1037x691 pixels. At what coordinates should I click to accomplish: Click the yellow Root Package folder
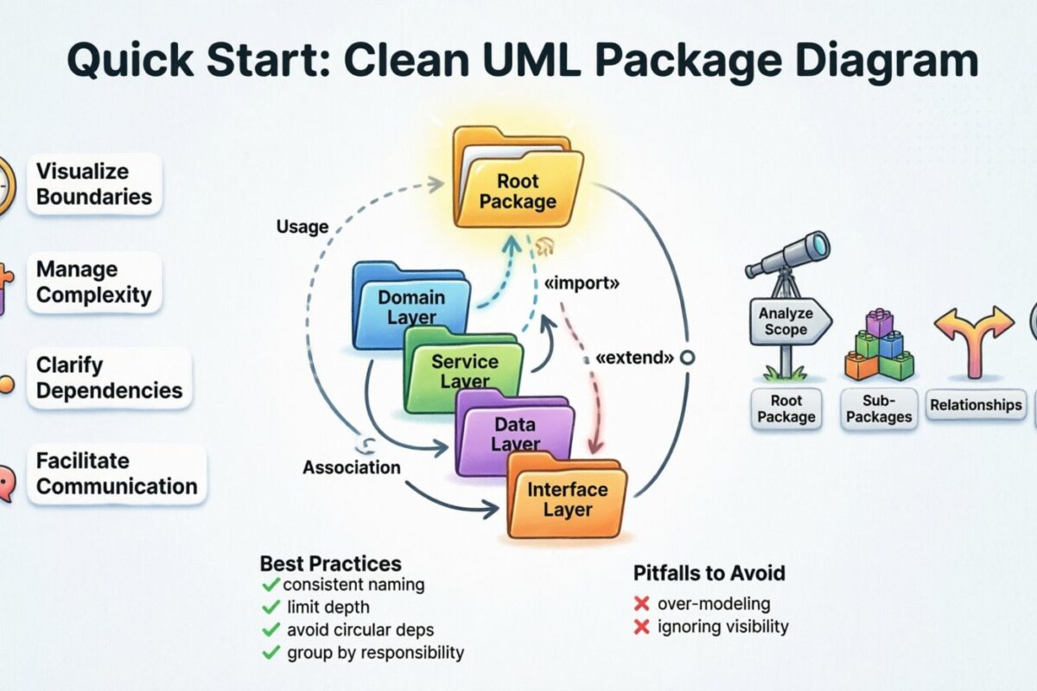[x=518, y=186]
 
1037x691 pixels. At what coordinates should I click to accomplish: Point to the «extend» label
[x=635, y=357]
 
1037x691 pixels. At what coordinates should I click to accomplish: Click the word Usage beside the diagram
[x=302, y=227]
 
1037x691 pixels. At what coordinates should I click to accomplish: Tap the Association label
[x=351, y=467]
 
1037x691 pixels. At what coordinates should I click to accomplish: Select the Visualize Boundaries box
[x=94, y=184]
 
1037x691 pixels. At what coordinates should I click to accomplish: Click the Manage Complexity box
[x=94, y=282]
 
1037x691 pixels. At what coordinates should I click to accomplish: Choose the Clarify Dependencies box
[x=109, y=378]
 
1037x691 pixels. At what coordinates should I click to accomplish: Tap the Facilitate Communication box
[x=117, y=474]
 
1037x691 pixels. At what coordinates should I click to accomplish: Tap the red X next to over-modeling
[x=641, y=604]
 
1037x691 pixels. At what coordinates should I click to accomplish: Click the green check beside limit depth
[x=271, y=607]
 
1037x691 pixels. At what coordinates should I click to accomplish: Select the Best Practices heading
[x=330, y=564]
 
